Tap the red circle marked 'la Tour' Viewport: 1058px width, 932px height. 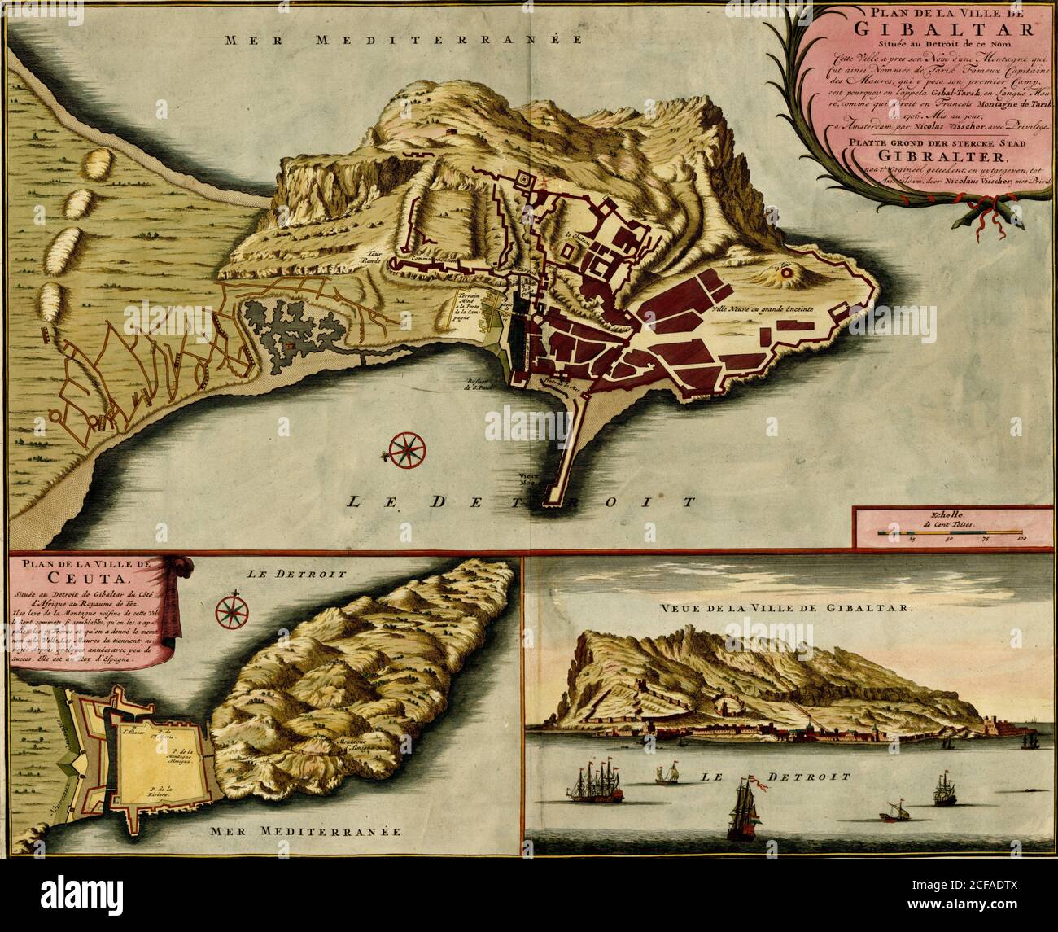[786, 275]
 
